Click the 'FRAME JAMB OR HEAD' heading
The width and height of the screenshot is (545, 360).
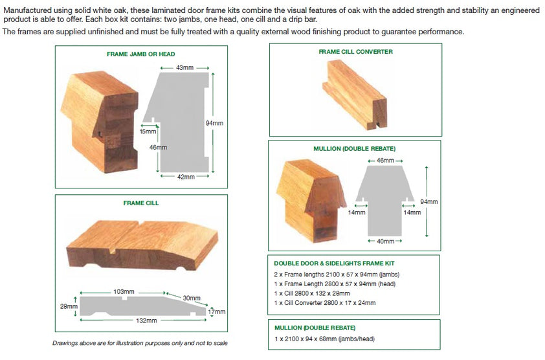(x=140, y=54)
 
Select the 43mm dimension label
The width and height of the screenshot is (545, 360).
(x=184, y=67)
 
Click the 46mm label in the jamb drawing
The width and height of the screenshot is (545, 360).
(x=158, y=148)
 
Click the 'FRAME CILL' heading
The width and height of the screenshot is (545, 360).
(x=141, y=203)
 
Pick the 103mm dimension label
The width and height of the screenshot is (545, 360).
(x=123, y=293)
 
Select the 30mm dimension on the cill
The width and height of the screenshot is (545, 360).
(x=192, y=298)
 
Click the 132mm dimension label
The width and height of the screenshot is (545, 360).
(x=146, y=321)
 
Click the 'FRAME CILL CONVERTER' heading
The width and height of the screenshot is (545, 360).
(x=355, y=52)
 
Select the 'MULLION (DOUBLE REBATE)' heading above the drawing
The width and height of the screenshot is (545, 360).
(x=355, y=148)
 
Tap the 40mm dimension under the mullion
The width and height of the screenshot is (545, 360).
(x=385, y=241)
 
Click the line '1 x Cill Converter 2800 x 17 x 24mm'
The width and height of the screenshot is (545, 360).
(x=324, y=302)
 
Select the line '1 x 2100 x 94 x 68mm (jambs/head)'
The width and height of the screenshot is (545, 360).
(x=324, y=339)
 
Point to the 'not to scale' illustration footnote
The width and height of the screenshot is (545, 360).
(x=140, y=343)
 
